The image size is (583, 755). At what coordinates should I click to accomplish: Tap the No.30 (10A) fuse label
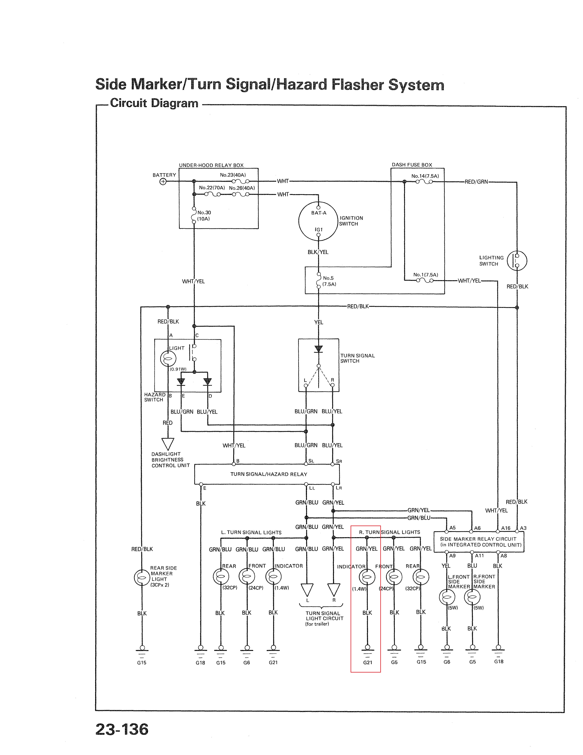204,216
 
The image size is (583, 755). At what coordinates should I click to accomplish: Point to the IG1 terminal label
318,230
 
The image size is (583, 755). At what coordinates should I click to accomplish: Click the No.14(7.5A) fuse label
425,176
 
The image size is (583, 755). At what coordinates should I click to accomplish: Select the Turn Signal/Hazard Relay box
267,474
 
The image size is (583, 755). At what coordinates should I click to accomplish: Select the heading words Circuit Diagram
154,103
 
